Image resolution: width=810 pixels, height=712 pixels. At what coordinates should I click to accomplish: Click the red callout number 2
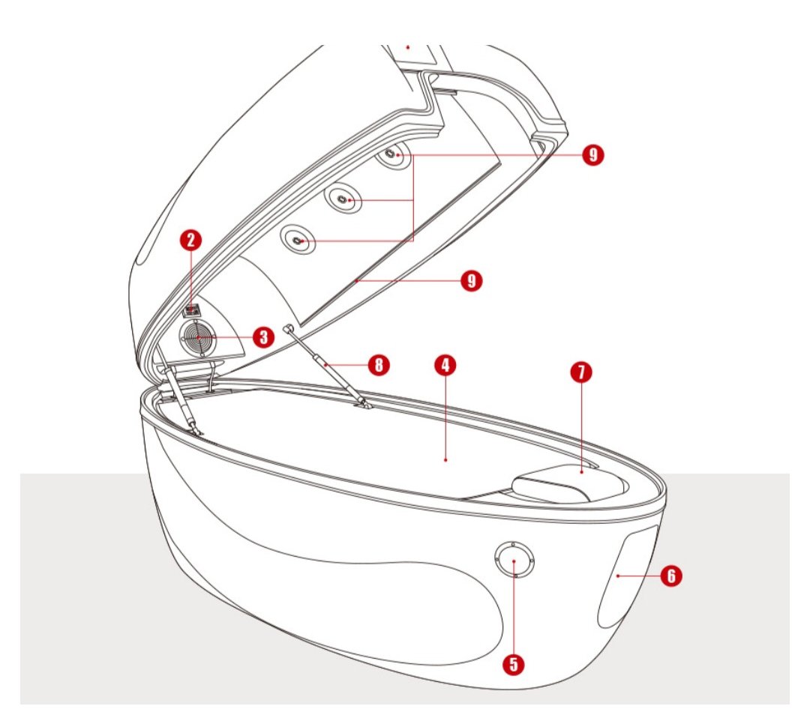191,240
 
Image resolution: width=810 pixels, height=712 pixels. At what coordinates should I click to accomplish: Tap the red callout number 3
263,338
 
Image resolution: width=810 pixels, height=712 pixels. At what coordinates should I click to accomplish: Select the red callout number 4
445,365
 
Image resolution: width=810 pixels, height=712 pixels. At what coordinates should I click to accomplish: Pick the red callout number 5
514,664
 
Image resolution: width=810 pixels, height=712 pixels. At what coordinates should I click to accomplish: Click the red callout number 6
671,576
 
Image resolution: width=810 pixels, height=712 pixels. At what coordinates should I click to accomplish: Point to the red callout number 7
581,372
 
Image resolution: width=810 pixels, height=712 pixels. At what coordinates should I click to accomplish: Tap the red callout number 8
379,365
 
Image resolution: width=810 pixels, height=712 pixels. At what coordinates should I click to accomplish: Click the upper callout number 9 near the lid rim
593,154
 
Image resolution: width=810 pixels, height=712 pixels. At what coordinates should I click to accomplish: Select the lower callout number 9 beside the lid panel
471,281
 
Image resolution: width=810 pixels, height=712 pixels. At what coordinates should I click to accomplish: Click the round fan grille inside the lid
198,338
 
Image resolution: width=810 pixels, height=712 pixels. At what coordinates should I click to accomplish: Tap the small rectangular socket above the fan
192,310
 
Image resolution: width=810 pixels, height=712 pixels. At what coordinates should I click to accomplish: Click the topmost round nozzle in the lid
393,154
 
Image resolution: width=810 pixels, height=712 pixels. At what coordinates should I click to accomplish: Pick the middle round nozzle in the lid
343,199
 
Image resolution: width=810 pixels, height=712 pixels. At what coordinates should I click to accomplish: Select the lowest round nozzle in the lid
298,240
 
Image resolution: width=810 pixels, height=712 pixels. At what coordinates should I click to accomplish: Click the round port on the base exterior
514,561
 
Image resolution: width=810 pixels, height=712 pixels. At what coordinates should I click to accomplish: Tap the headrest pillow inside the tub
570,483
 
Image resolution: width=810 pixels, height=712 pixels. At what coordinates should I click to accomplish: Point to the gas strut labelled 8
327,366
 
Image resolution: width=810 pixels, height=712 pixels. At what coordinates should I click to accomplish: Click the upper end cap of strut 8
288,328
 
